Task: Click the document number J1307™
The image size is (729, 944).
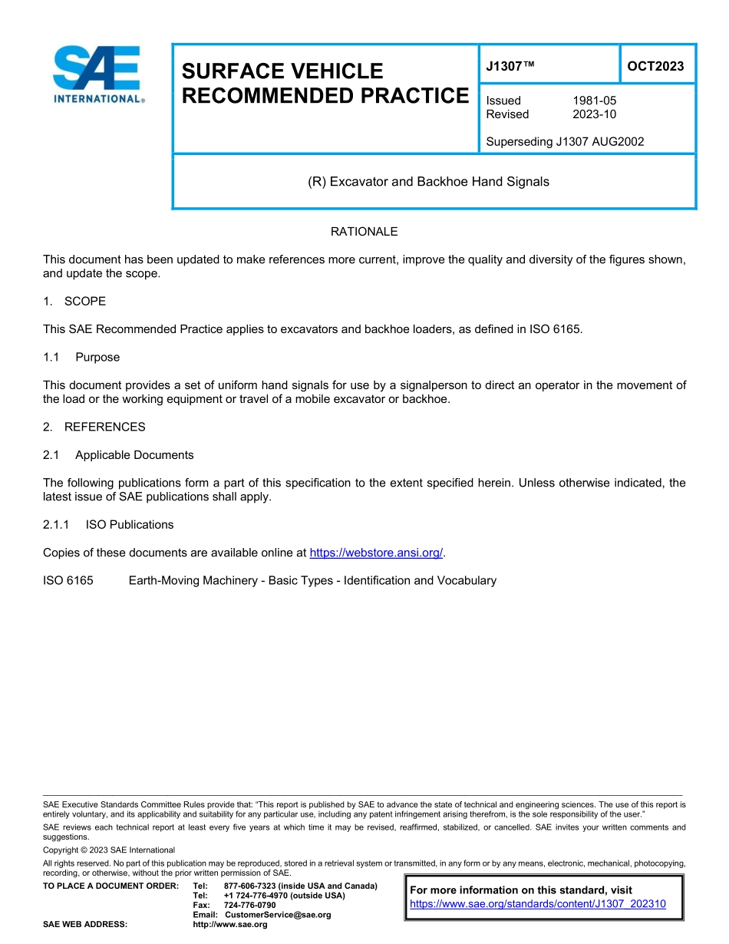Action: coord(510,66)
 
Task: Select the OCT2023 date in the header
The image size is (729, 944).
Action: coord(655,66)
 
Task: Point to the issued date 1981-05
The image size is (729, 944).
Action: coord(594,101)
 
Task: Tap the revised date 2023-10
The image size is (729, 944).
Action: coord(594,114)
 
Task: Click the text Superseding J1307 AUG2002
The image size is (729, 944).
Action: coord(565,141)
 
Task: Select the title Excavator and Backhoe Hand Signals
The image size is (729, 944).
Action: coord(428,182)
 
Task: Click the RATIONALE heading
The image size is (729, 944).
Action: coord(364,232)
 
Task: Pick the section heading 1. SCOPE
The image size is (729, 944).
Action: coord(74,301)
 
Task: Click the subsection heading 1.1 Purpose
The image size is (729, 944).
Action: coord(81,357)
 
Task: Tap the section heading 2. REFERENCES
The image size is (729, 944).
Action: coord(94,427)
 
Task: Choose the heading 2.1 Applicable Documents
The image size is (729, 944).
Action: coord(118,455)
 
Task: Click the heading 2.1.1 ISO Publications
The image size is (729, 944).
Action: coord(108,525)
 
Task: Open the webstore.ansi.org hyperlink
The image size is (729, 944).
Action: coord(376,553)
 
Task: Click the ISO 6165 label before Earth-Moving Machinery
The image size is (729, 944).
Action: coord(68,580)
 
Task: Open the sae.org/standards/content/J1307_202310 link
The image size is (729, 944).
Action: coord(538,904)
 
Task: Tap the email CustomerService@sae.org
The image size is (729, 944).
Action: coord(278,915)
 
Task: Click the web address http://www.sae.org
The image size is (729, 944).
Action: coord(230,925)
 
